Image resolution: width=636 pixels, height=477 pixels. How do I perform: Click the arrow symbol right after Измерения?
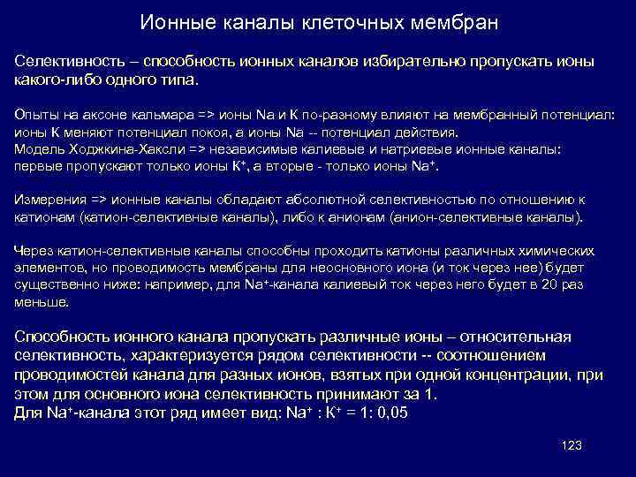[x=101, y=200]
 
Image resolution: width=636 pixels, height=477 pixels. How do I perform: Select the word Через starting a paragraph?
[x=33, y=251]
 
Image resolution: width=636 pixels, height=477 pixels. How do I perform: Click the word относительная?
[x=516, y=337]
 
